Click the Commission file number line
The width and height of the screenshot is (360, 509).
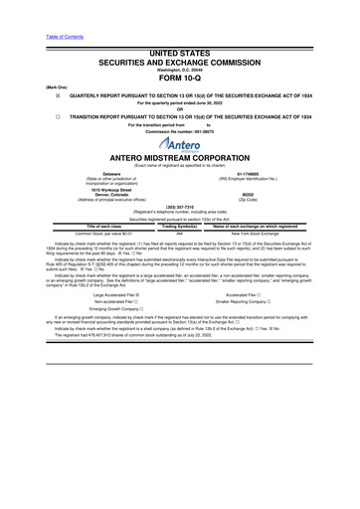pos(179,134)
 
